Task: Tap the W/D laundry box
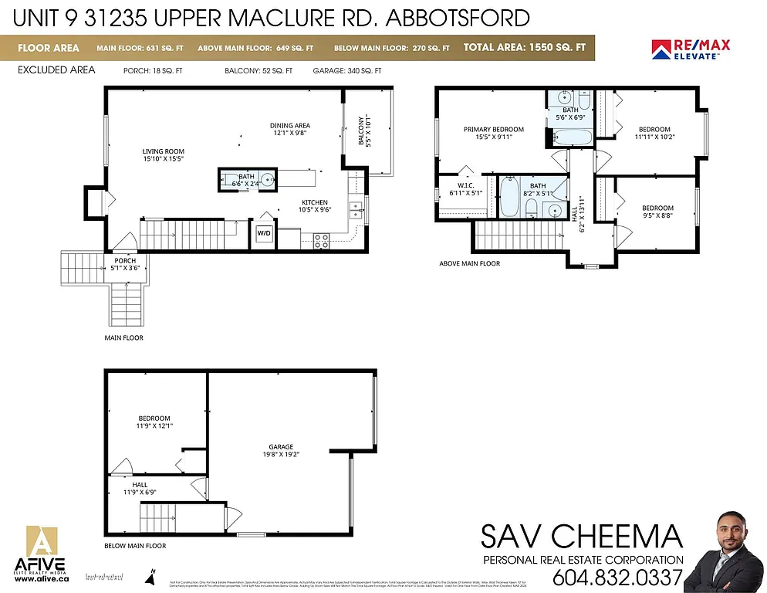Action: click(x=264, y=232)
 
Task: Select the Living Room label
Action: click(x=163, y=154)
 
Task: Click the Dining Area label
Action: click(x=290, y=129)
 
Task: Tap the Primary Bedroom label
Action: click(x=494, y=134)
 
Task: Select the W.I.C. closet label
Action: click(x=465, y=189)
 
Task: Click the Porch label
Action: click(x=125, y=265)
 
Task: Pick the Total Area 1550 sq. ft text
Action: click(x=524, y=48)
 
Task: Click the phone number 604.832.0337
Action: click(x=617, y=576)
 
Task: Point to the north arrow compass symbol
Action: click(x=153, y=575)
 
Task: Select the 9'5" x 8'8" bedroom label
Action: click(x=657, y=212)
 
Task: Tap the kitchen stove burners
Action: click(x=321, y=240)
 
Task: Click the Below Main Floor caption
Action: click(x=135, y=545)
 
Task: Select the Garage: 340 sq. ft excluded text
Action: click(x=346, y=70)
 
